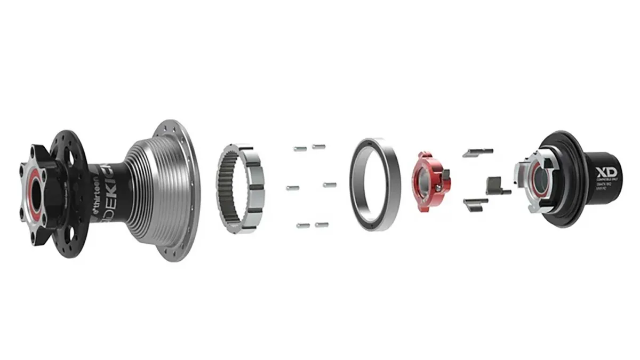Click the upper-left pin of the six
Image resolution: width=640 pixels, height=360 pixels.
299,148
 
